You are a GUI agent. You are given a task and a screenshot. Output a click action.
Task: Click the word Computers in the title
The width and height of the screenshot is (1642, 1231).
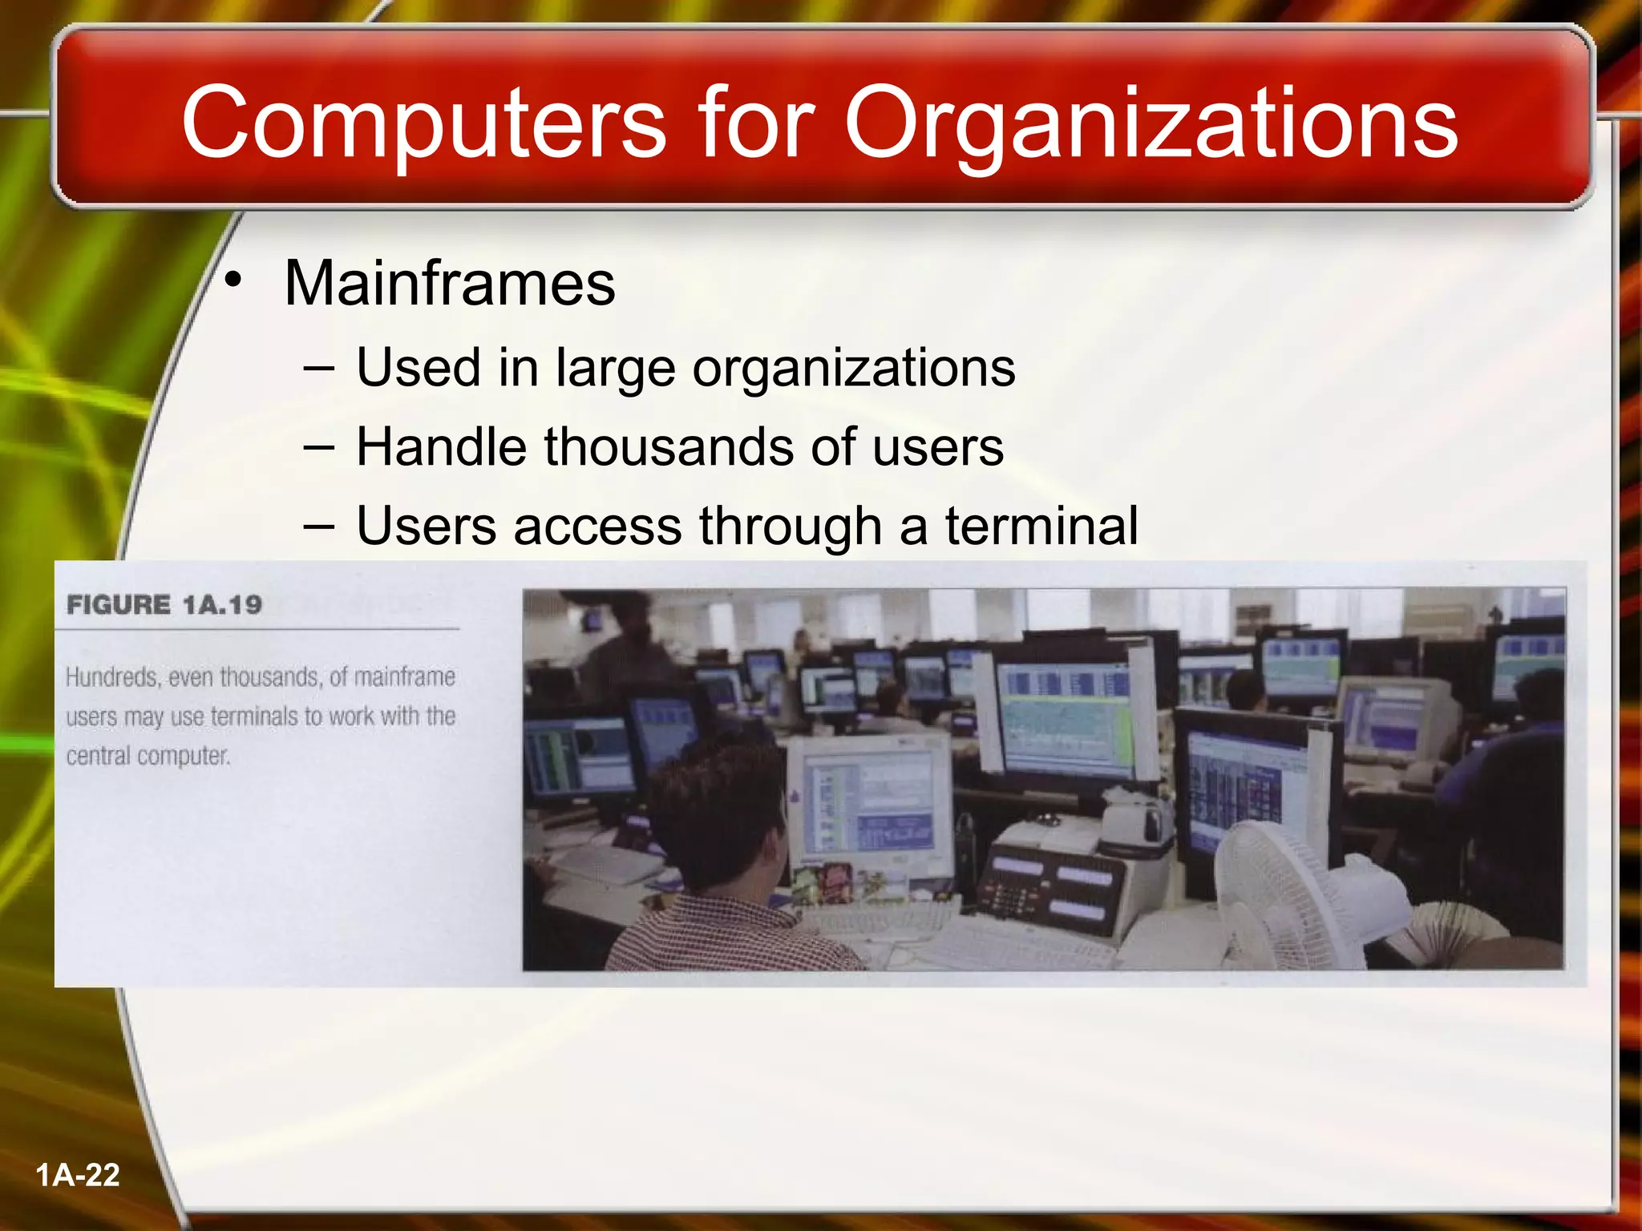pyautogui.click(x=423, y=124)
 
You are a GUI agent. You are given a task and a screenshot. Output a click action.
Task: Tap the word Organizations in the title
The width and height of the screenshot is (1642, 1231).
pyautogui.click(x=1151, y=124)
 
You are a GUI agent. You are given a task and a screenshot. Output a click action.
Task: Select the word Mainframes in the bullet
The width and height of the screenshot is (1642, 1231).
pyautogui.click(x=450, y=284)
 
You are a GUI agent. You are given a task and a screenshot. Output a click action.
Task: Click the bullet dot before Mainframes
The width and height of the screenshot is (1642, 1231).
pyautogui.click(x=233, y=281)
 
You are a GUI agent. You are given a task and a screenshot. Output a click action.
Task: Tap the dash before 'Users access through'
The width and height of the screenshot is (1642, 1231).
pyautogui.click(x=319, y=526)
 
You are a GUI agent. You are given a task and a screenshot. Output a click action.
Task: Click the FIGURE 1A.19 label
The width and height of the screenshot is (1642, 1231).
pyautogui.click(x=164, y=604)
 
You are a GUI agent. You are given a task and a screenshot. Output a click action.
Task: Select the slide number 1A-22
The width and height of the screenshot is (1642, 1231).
pyautogui.click(x=78, y=1175)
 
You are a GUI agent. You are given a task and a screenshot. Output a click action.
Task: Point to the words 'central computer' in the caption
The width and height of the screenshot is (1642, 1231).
pyautogui.click(x=148, y=756)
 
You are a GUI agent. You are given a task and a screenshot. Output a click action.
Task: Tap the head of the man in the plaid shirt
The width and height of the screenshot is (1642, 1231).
pyautogui.click(x=722, y=817)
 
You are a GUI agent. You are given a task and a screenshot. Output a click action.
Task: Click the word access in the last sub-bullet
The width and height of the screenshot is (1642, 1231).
pyautogui.click(x=597, y=526)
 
